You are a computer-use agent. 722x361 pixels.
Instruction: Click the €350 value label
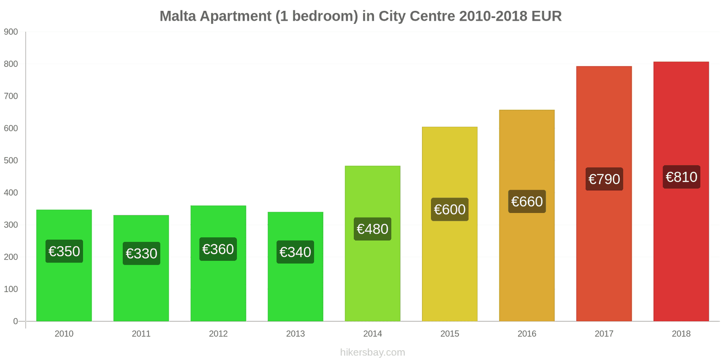[64, 251]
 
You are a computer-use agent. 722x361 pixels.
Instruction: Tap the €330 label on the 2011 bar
[141, 254]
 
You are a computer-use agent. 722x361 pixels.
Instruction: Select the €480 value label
[372, 229]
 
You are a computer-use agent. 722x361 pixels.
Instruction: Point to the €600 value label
[449, 209]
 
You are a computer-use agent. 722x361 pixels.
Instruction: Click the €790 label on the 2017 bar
[604, 179]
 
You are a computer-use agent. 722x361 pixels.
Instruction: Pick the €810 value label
[681, 177]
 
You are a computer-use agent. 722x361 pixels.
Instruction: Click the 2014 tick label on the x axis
[372, 334]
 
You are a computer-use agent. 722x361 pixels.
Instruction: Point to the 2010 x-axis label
[64, 334]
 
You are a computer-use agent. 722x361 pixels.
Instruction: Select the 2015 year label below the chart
[449, 334]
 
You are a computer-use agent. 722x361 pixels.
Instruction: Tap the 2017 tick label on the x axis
[604, 334]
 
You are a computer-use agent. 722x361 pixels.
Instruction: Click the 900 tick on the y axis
[11, 32]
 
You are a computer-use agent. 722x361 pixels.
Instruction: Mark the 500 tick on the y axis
[11, 161]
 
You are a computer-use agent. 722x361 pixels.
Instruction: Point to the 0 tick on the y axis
[15, 321]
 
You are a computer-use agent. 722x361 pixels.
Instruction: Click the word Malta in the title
[177, 16]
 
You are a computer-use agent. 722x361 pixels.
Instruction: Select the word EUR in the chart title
[546, 16]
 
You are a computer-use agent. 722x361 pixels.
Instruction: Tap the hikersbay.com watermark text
[372, 352]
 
